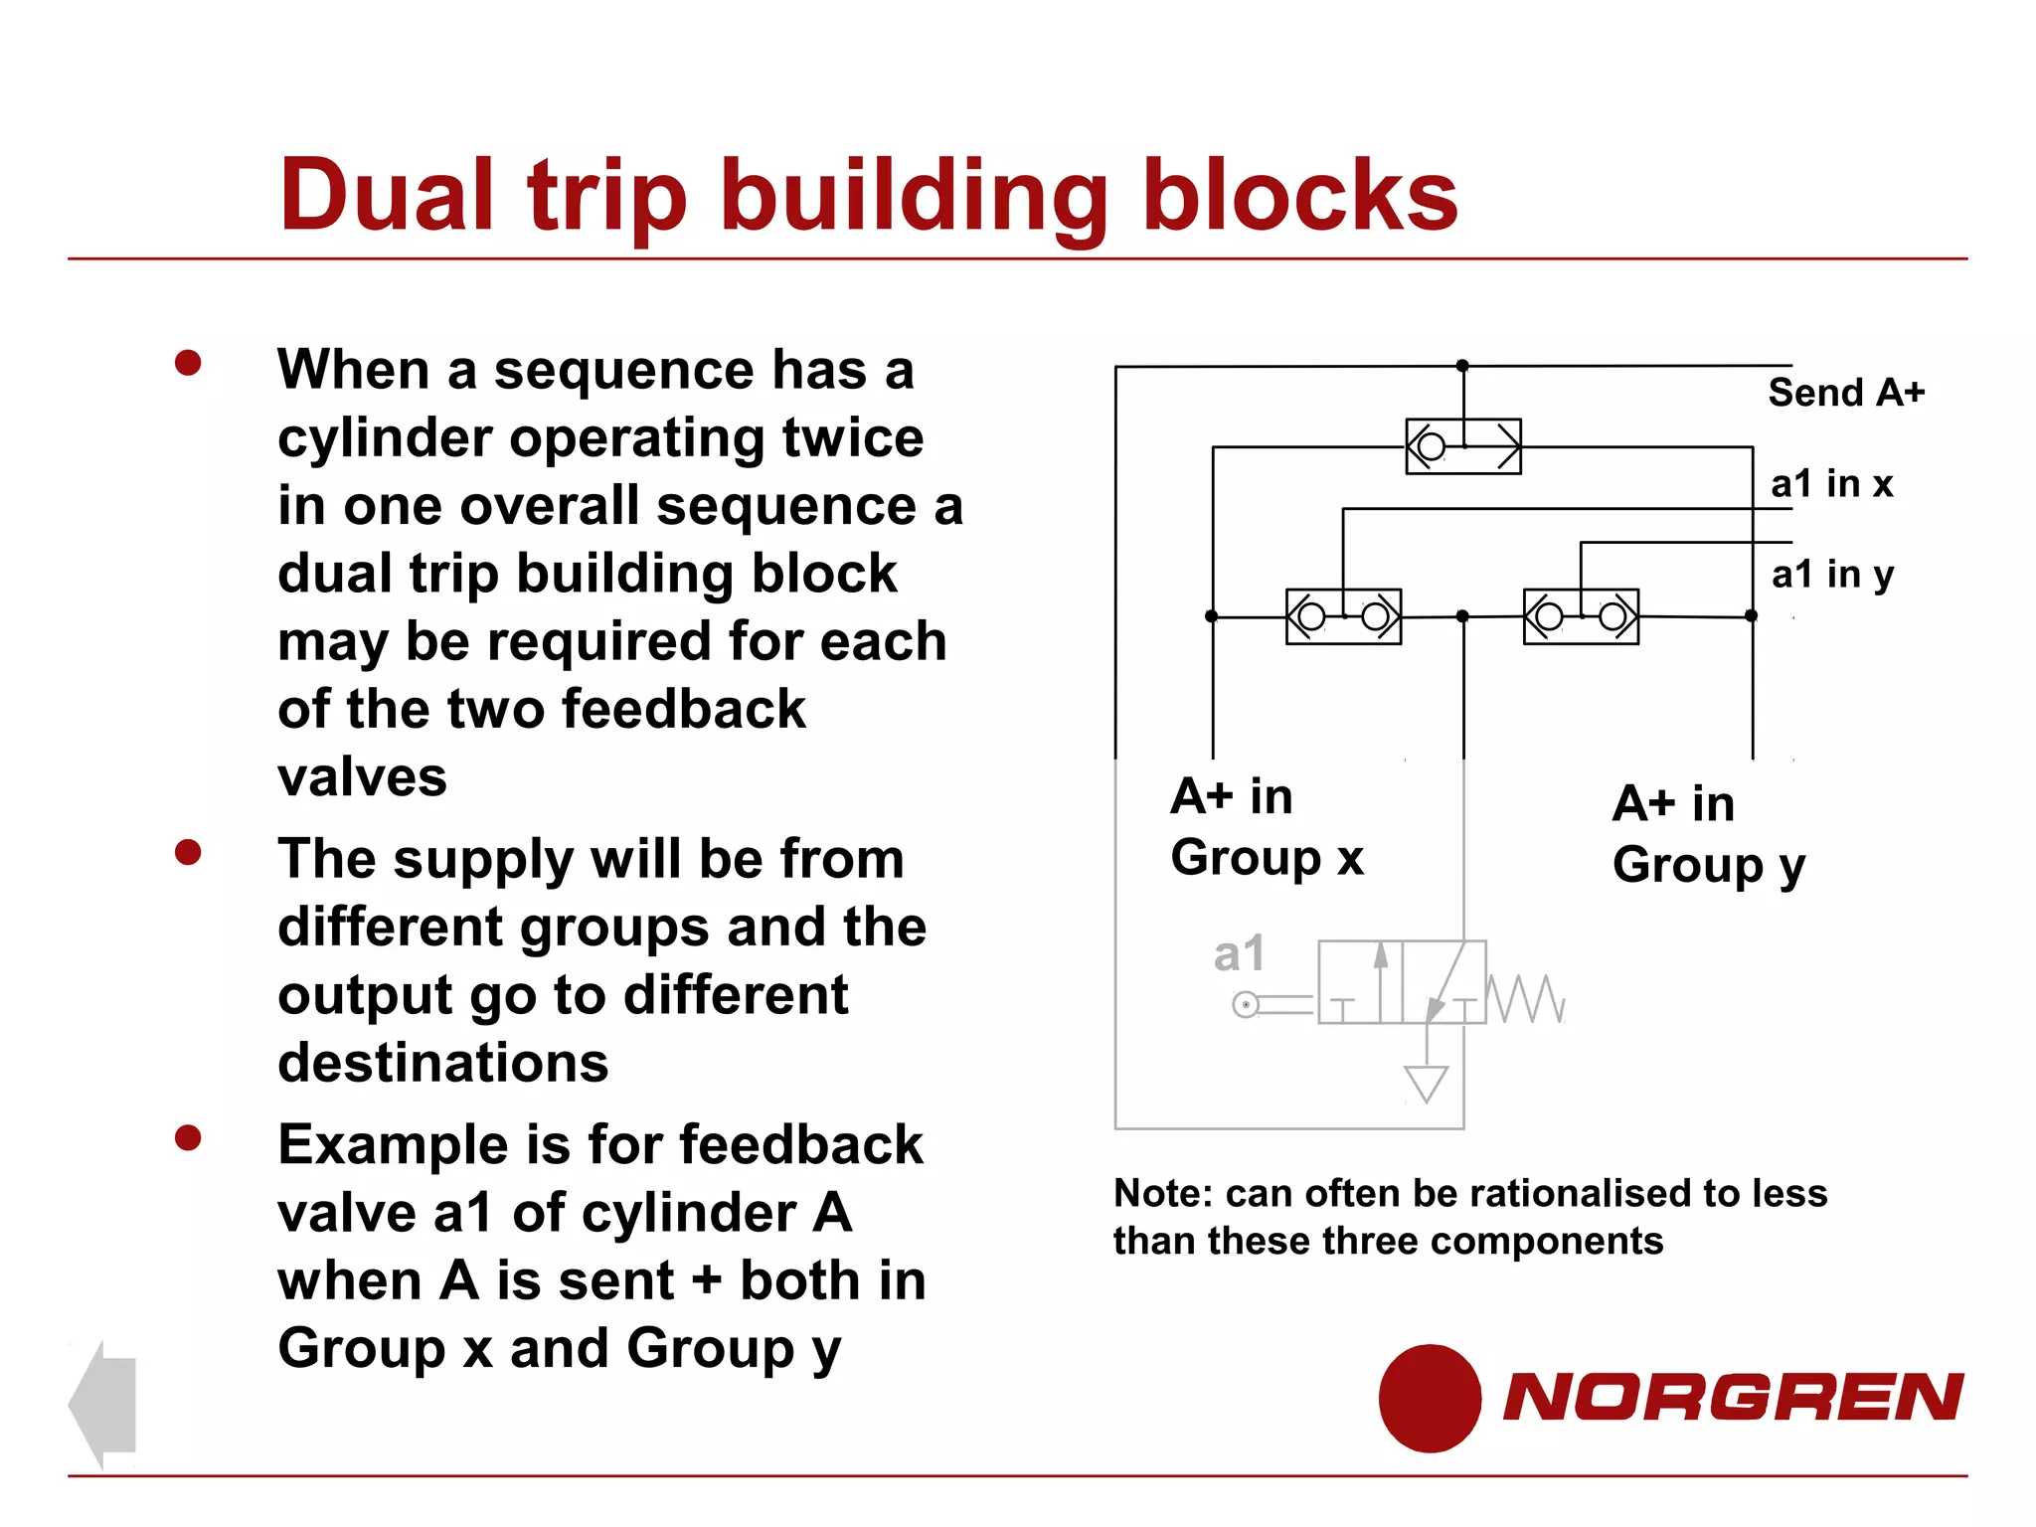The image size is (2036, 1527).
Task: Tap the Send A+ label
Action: coord(1845,393)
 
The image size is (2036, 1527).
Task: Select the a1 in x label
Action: coord(1831,484)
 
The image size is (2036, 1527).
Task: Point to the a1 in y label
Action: coord(1832,575)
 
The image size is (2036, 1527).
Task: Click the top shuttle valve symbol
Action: coord(1462,446)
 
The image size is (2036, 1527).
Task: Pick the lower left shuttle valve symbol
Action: coord(1343,616)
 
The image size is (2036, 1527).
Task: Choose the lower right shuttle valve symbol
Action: coord(1581,616)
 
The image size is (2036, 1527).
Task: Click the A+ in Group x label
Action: coord(1266,827)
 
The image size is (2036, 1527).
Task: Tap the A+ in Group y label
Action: coord(1707,834)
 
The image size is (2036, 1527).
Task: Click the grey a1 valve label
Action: coord(1239,954)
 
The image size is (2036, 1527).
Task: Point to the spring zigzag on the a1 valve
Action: coord(1525,998)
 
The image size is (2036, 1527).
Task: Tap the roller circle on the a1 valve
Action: coord(1245,1005)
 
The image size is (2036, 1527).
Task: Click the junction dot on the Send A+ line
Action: coord(1462,366)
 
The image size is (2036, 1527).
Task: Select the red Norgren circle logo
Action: coord(1430,1398)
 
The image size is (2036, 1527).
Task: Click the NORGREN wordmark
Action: coord(1732,1397)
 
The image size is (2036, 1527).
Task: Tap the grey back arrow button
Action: coord(103,1404)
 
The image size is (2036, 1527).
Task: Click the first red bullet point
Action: coord(188,363)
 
